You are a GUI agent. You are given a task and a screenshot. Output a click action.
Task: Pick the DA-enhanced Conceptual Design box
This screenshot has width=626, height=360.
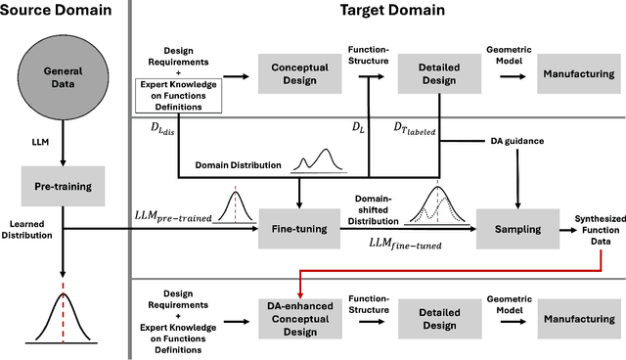tap(298, 318)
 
